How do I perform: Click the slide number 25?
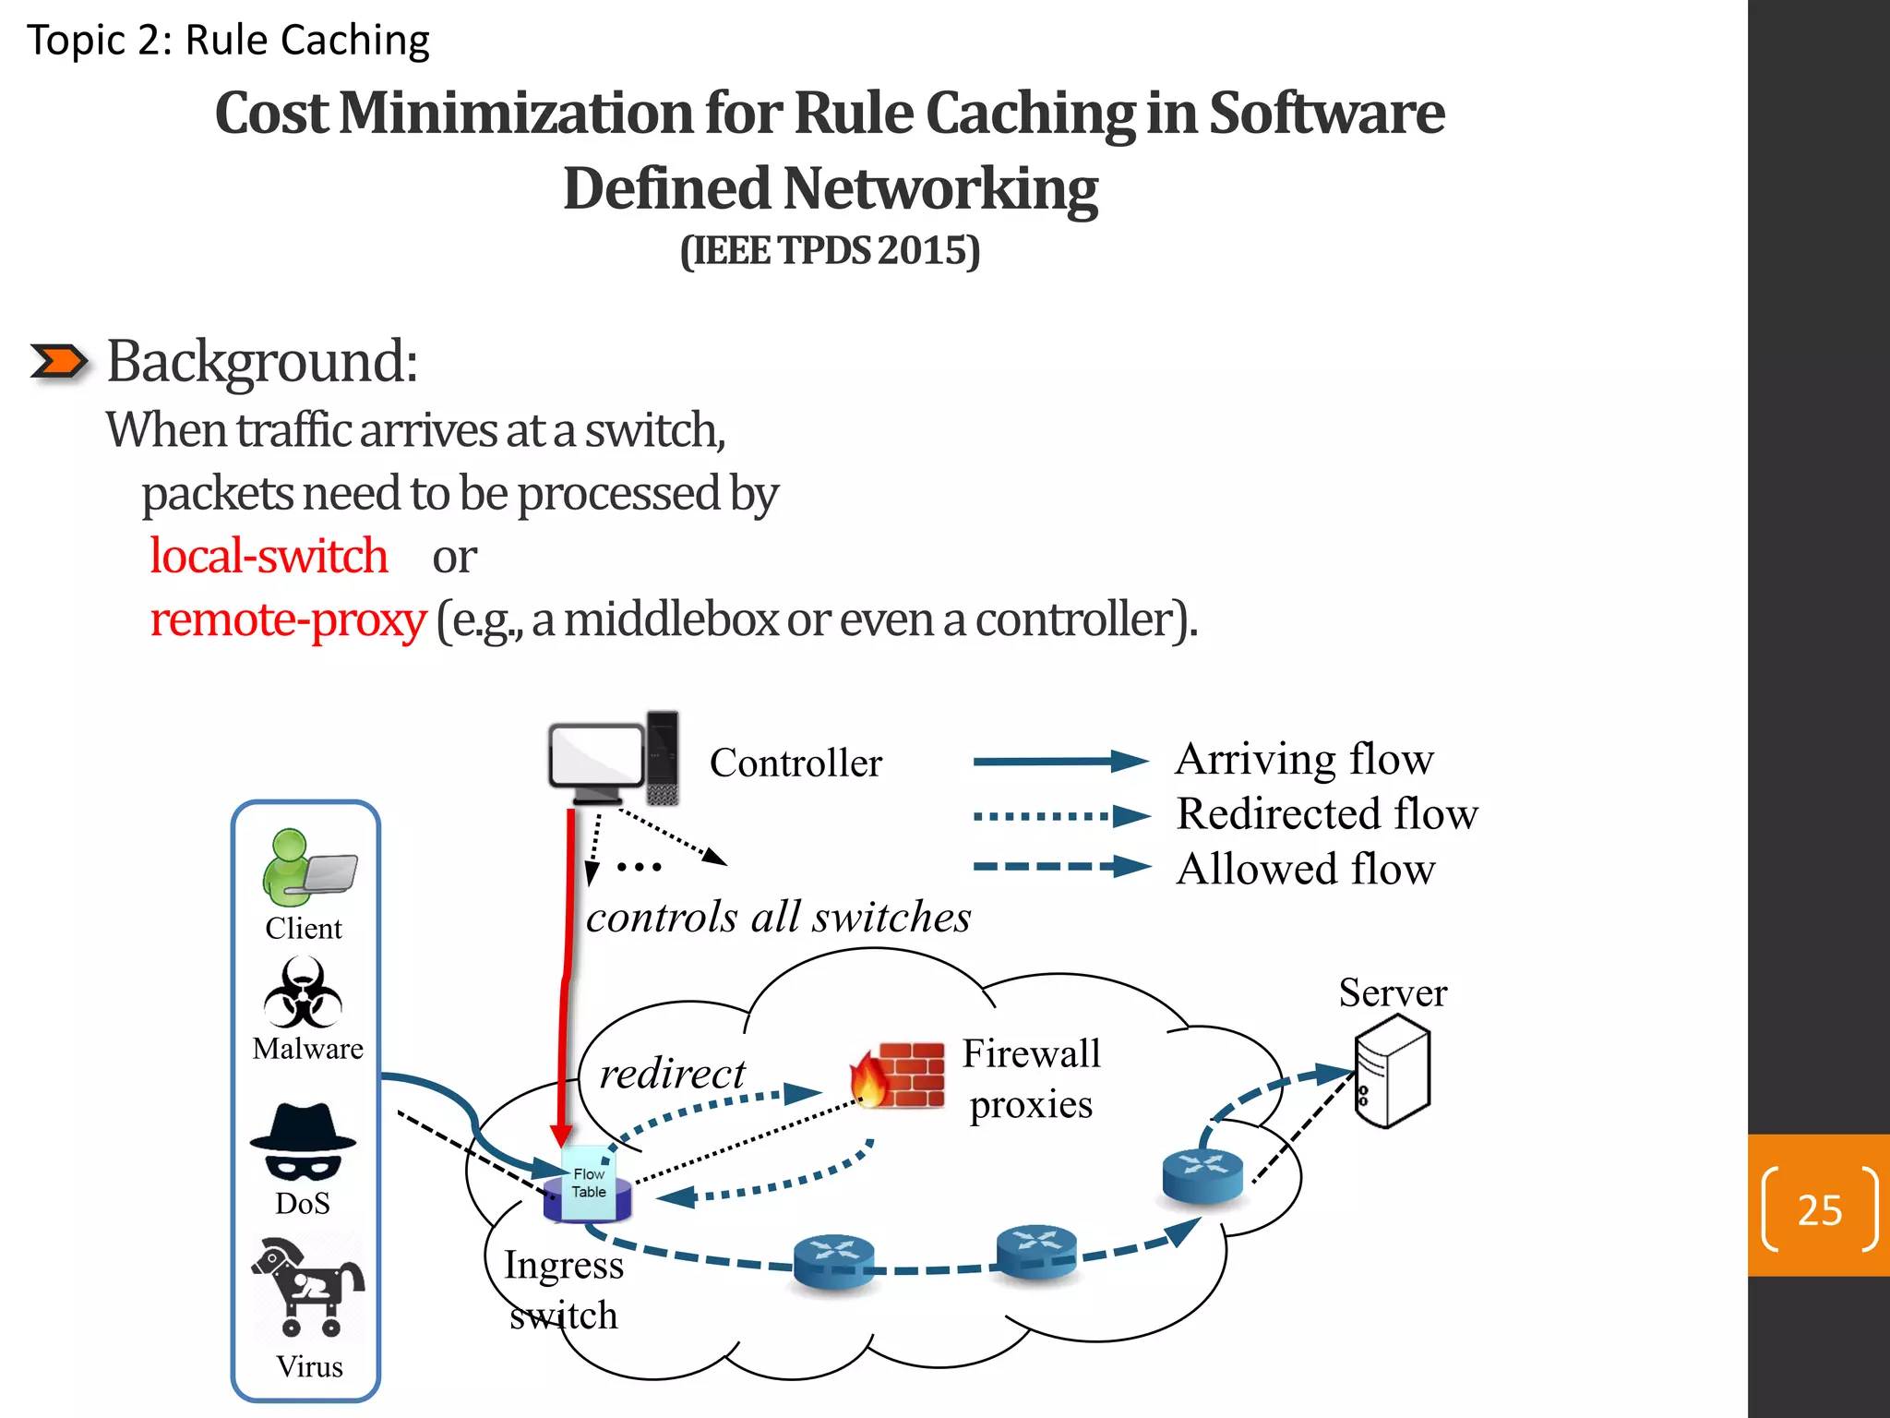click(1819, 1209)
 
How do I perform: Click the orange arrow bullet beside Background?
click(58, 361)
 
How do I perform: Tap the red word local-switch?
click(268, 556)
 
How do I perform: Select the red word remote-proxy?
click(288, 619)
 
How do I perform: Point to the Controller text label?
click(795, 763)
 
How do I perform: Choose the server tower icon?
click(1392, 1071)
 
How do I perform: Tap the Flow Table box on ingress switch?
click(589, 1183)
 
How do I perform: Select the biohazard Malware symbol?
click(303, 993)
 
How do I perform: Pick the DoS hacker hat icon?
click(303, 1142)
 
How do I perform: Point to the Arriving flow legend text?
click(1304, 760)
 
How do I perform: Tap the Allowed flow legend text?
click(1305, 870)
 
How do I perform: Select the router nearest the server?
click(1202, 1175)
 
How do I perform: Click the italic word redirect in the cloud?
click(672, 1074)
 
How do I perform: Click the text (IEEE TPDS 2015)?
click(830, 251)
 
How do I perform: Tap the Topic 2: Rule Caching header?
click(228, 41)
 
